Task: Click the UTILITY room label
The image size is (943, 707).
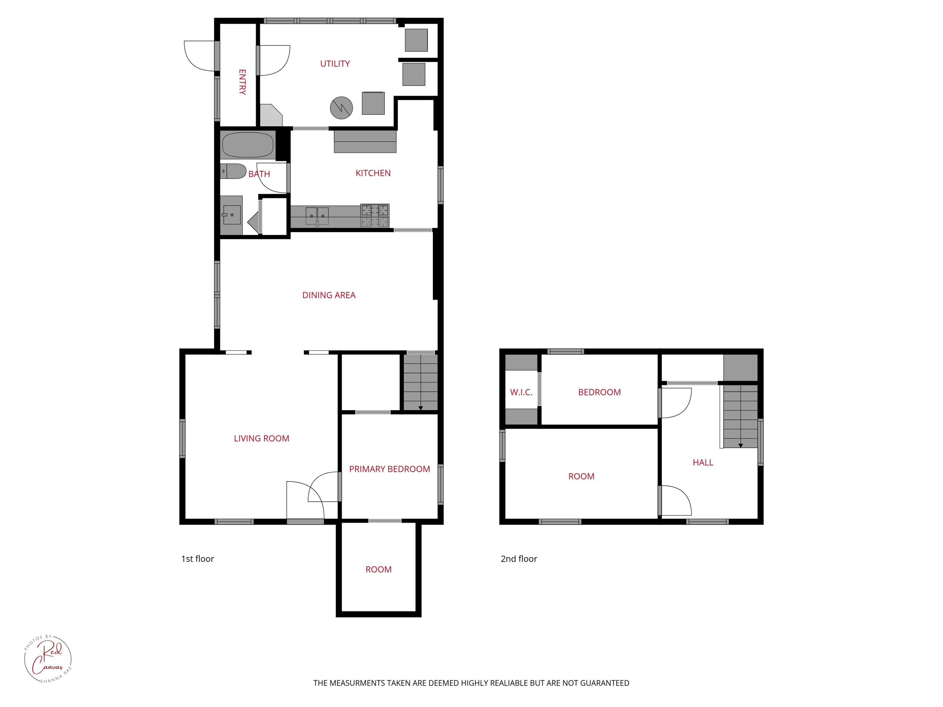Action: (335, 64)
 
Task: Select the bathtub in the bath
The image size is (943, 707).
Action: (248, 145)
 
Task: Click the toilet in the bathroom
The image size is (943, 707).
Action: (233, 171)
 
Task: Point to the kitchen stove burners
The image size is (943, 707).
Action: (375, 216)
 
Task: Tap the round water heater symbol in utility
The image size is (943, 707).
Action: (341, 108)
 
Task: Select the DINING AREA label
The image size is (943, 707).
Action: (329, 295)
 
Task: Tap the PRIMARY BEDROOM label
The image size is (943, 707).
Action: (389, 469)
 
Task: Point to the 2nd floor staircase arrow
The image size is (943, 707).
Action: (741, 445)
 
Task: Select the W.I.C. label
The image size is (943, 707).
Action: (521, 392)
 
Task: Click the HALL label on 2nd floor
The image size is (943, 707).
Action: (703, 463)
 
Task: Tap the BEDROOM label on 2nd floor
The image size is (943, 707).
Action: (599, 392)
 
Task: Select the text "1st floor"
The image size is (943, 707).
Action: (197, 559)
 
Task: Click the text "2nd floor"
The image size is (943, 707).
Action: (518, 559)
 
